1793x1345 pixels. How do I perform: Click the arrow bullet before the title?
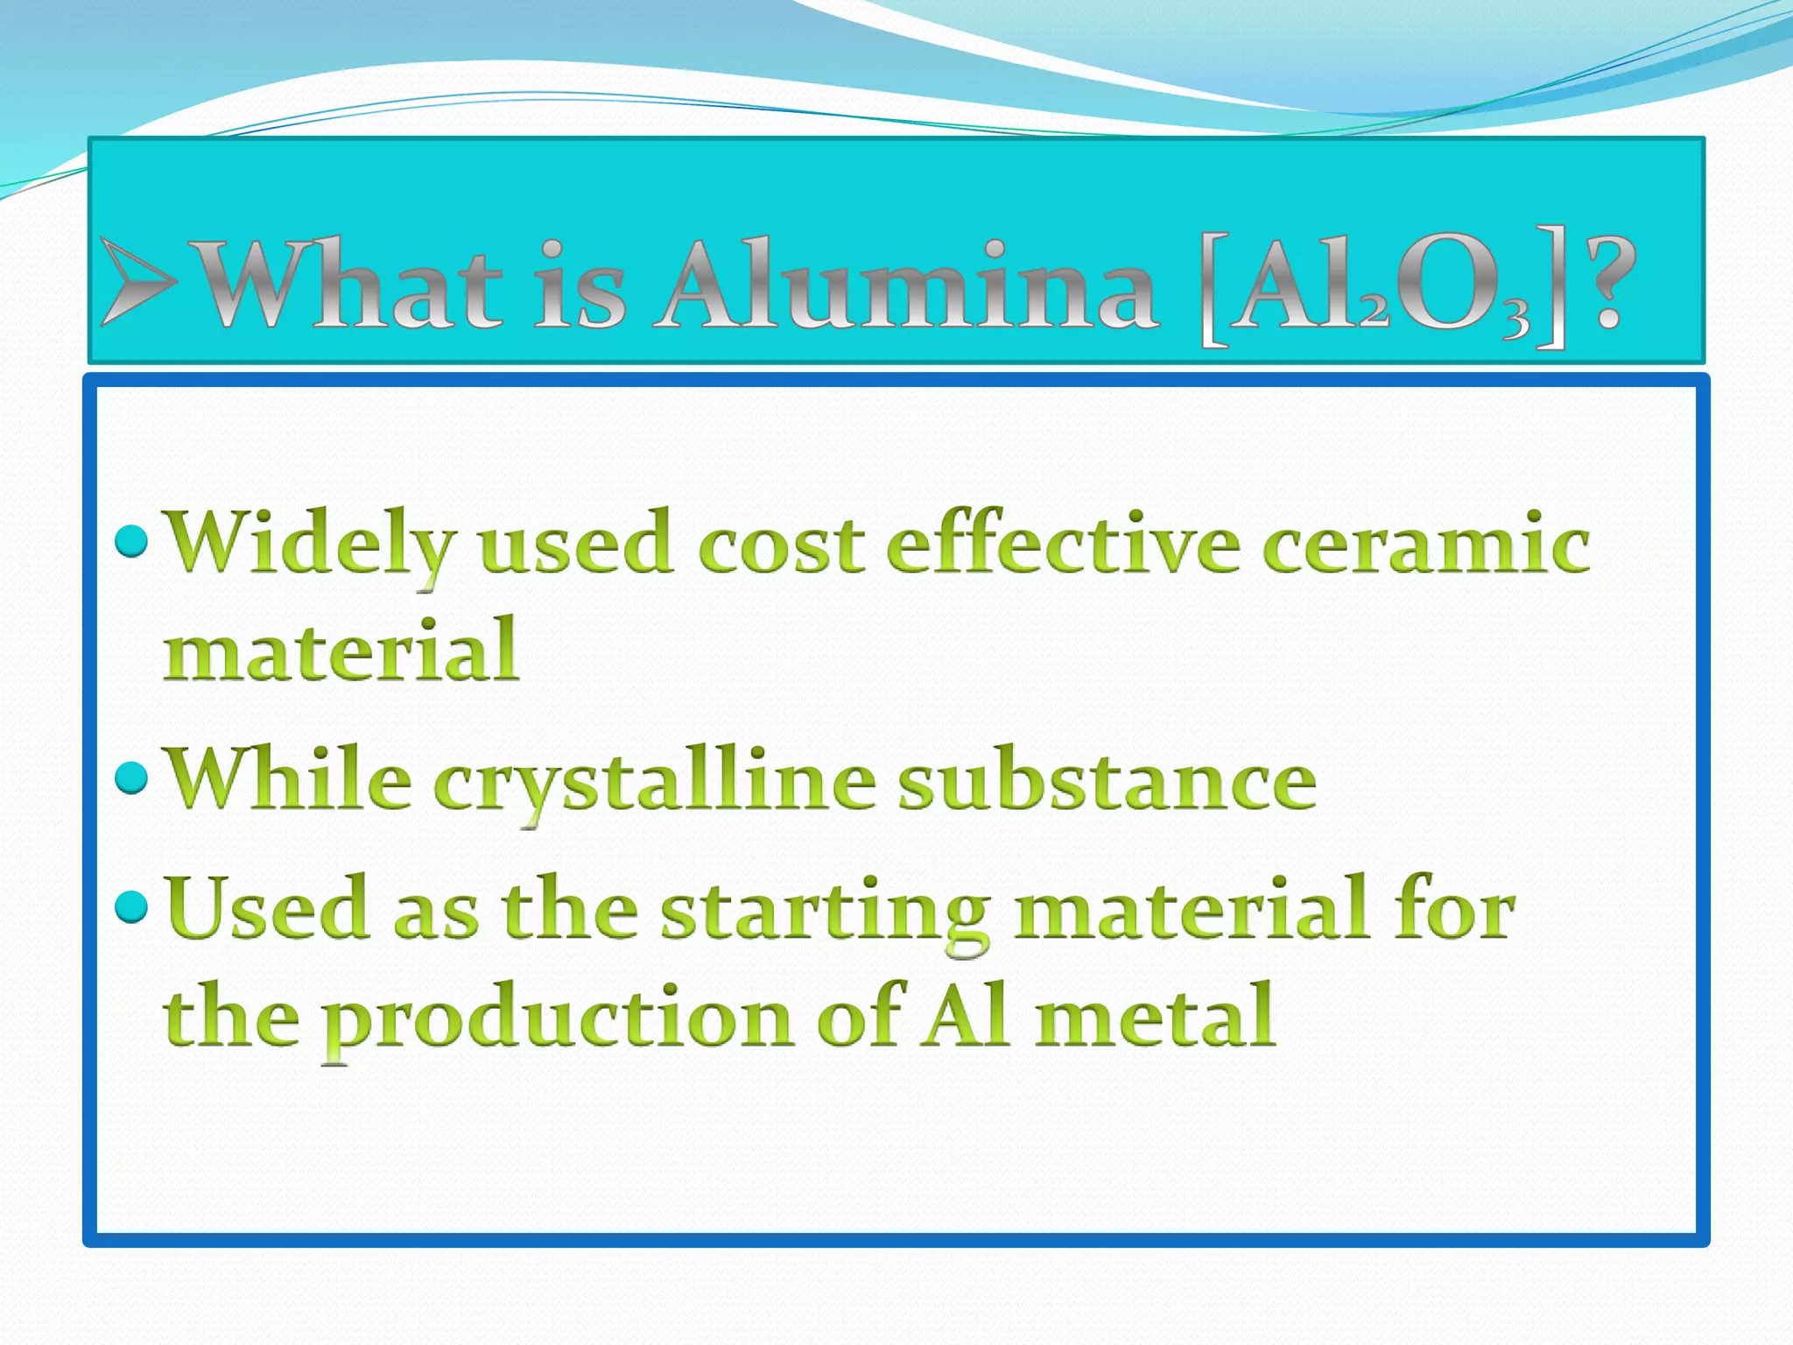pyautogui.click(x=138, y=282)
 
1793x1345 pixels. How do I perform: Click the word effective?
pyautogui.click(x=1063, y=543)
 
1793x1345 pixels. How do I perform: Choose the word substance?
pyautogui.click(x=1107, y=779)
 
